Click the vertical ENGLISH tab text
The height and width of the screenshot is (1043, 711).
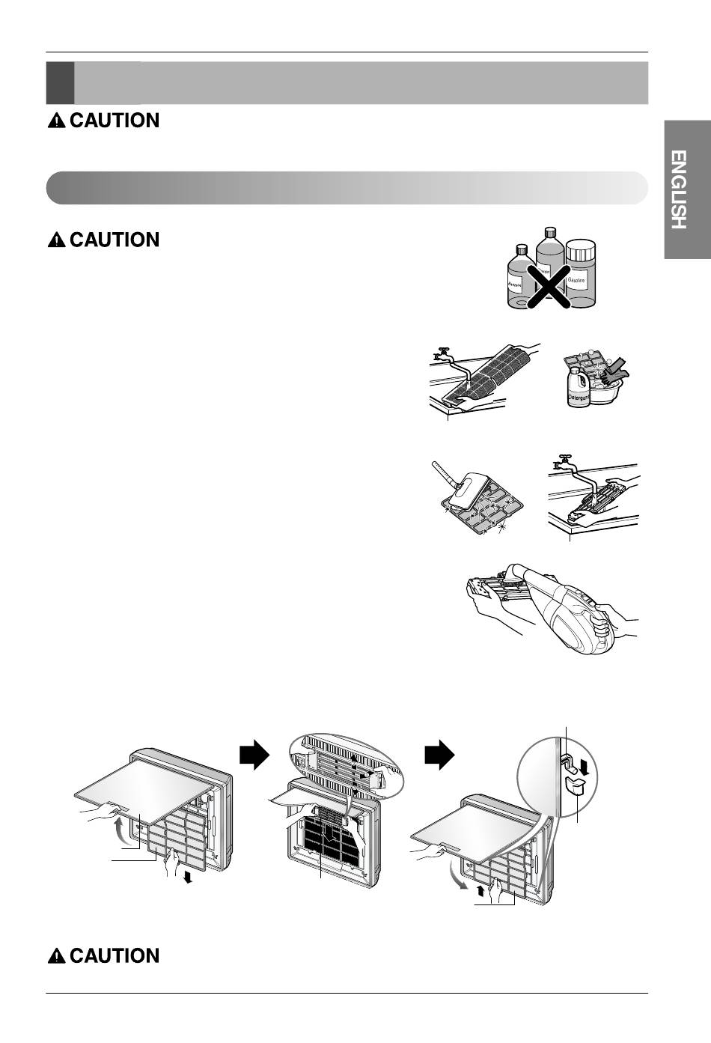point(678,190)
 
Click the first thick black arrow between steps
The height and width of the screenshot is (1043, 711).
point(254,757)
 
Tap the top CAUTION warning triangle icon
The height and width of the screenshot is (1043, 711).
point(56,121)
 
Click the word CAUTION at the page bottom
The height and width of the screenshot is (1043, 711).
point(115,956)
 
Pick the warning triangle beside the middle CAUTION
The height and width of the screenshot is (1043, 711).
point(56,240)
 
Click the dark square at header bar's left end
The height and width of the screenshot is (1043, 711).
point(60,82)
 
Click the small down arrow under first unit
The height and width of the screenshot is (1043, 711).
point(188,877)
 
